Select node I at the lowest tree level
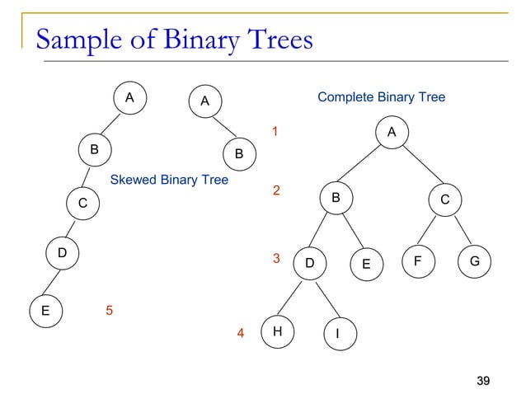click(x=338, y=333)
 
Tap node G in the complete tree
click(x=475, y=262)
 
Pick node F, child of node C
click(x=418, y=262)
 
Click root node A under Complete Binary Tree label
click(x=392, y=132)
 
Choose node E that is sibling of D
click(x=366, y=264)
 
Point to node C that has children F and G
click(x=444, y=199)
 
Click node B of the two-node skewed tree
click(x=238, y=153)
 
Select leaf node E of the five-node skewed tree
click(x=45, y=312)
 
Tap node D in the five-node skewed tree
click(x=62, y=252)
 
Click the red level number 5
click(x=109, y=311)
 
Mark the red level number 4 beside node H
click(x=241, y=334)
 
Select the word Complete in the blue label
click(x=345, y=97)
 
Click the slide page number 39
click(x=484, y=380)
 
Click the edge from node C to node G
click(x=459, y=230)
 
